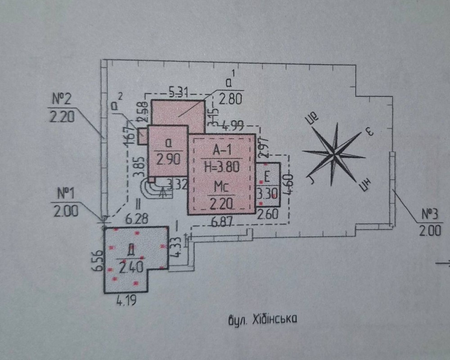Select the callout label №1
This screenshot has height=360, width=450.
(66, 194)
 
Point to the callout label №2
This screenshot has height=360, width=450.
(63, 98)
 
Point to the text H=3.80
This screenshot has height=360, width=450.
(221, 166)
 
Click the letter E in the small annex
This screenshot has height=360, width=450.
(267, 177)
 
